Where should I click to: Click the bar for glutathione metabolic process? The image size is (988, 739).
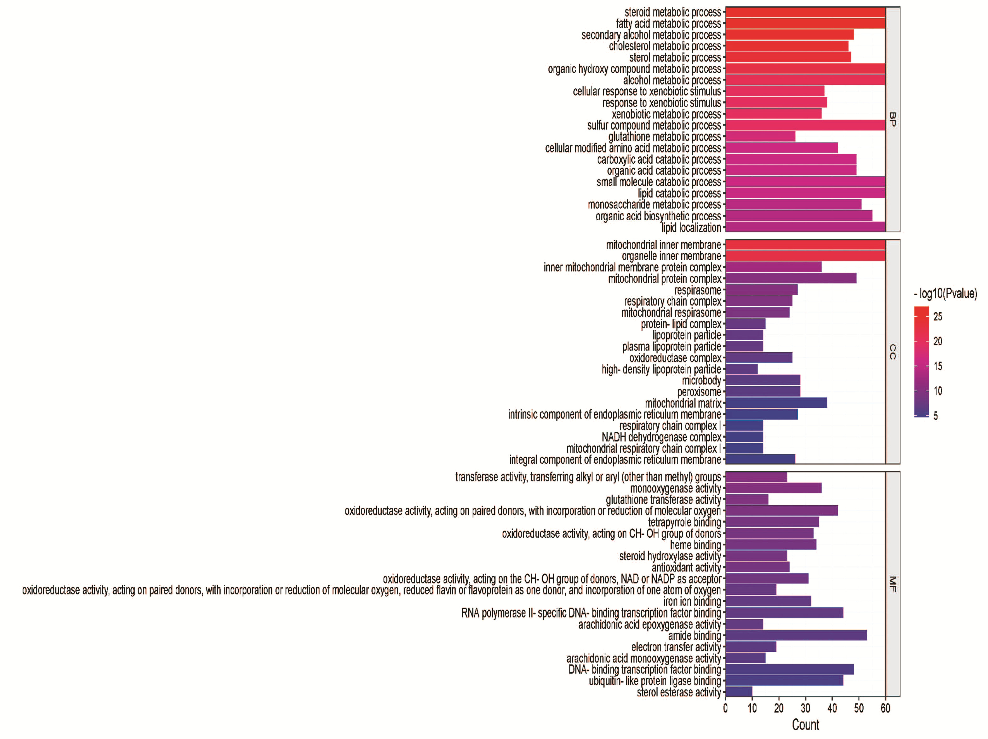pyautogui.click(x=760, y=136)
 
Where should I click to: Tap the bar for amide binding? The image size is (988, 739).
pyautogui.click(x=796, y=635)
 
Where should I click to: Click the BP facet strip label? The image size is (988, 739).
pyautogui.click(x=892, y=119)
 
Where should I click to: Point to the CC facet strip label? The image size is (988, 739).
pyautogui.click(x=892, y=352)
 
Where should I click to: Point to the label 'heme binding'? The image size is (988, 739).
pyautogui.click(x=695, y=545)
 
